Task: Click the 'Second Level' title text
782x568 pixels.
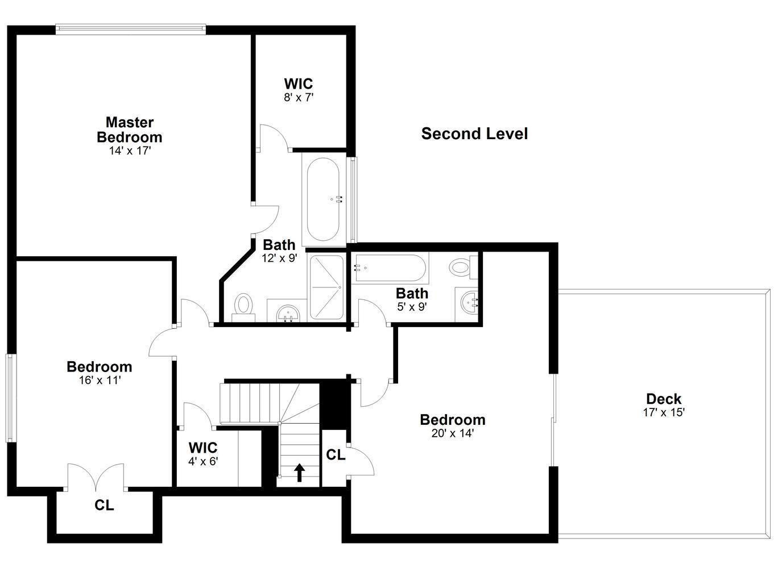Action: point(474,134)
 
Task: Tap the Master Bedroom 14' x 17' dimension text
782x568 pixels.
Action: point(130,151)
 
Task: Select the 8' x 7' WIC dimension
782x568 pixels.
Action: point(299,98)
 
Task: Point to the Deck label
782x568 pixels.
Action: point(664,399)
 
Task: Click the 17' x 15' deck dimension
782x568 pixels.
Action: point(664,412)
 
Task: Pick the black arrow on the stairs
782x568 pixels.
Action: point(299,473)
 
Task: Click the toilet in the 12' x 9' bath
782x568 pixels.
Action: point(243,308)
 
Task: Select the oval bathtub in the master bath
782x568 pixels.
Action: point(323,199)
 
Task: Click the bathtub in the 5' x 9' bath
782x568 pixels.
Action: point(390,268)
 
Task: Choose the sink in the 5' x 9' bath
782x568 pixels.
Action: point(470,304)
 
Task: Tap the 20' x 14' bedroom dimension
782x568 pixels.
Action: point(453,433)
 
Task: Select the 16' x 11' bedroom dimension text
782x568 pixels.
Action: point(100,381)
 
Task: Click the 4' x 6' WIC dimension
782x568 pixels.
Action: point(203,462)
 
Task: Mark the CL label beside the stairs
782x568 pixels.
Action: point(336,454)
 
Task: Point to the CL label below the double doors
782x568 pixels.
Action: point(104,506)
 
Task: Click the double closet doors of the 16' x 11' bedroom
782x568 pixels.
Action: point(96,477)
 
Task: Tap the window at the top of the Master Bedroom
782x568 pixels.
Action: point(131,30)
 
